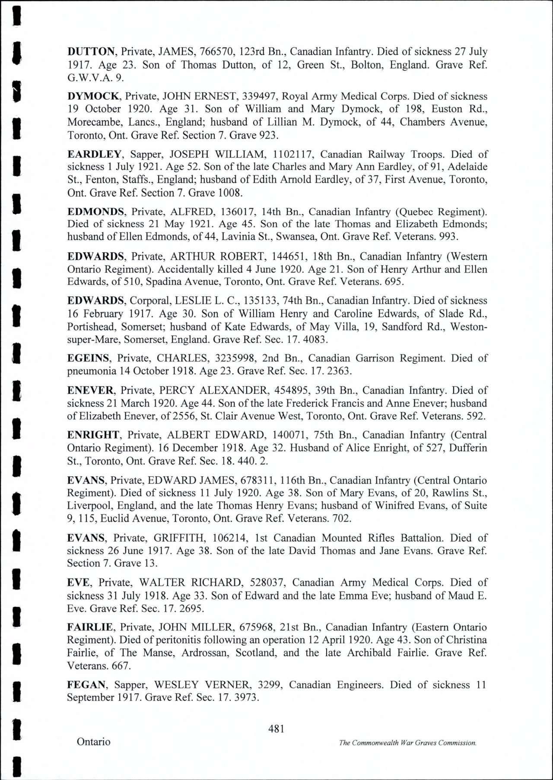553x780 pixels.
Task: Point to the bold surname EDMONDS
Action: point(96,212)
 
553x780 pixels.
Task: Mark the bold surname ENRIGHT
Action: point(93,435)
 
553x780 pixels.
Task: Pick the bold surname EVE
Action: point(78,583)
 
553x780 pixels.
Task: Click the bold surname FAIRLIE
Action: point(90,627)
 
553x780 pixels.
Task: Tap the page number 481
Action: point(276,729)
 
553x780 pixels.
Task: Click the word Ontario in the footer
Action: point(94,742)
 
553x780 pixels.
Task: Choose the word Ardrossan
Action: point(204,653)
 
